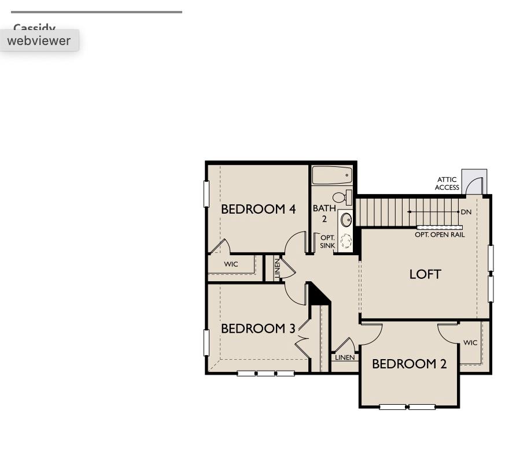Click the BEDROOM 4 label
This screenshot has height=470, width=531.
tap(258, 209)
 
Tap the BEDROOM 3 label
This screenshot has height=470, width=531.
tap(258, 329)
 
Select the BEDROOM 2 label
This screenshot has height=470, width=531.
tap(409, 364)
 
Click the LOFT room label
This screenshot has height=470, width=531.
tap(425, 274)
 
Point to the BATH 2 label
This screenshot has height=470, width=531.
tap(324, 213)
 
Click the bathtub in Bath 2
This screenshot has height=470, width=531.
tap(332, 175)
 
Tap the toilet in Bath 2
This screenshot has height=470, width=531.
tap(342, 197)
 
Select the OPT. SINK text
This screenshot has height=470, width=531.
tap(327, 241)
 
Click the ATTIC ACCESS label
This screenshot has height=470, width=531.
tap(447, 184)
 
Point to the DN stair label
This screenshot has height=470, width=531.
tap(466, 212)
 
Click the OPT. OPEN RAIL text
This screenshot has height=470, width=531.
tap(440, 235)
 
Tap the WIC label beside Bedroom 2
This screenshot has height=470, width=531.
tap(470, 342)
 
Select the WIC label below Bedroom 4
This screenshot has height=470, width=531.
tap(231, 264)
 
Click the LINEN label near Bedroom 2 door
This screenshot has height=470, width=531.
tap(345, 357)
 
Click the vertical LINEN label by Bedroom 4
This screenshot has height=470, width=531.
tap(277, 268)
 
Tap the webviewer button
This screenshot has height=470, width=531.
tap(39, 40)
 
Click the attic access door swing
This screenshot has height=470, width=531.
tap(474, 185)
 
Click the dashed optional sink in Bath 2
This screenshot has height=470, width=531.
tap(346, 241)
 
